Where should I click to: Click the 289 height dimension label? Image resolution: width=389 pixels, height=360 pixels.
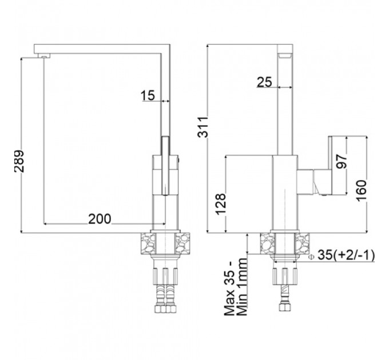pyautogui.click(x=19, y=161)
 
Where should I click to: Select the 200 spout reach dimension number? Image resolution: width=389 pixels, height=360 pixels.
pyautogui.click(x=100, y=219)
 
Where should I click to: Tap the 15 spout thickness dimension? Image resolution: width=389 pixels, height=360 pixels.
pyautogui.click(x=148, y=95)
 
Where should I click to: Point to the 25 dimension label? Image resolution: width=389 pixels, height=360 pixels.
pyautogui.click(x=264, y=82)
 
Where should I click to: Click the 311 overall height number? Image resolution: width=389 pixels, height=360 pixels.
pyautogui.click(x=203, y=127)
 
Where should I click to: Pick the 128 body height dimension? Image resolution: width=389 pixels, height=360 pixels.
pyautogui.click(x=221, y=204)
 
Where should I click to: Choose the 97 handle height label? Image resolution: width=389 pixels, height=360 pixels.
pyautogui.click(x=342, y=161)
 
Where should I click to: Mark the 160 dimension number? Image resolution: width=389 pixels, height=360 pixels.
pyautogui.click(x=362, y=191)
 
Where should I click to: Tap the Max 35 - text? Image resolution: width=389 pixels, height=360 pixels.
pyautogui.click(x=229, y=288)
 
